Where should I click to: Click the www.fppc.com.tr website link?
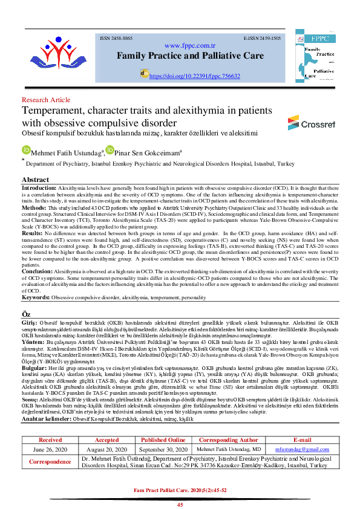[190, 45]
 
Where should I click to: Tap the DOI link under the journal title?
[194, 76]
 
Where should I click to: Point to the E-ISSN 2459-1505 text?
[262, 37]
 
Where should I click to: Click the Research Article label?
[45, 100]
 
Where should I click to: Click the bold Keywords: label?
[36, 298]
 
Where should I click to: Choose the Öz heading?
[26, 316]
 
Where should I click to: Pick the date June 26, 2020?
[50, 450]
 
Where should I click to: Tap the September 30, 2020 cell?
[163, 450]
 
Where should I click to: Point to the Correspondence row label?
[50, 462]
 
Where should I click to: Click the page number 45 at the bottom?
[180, 504]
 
